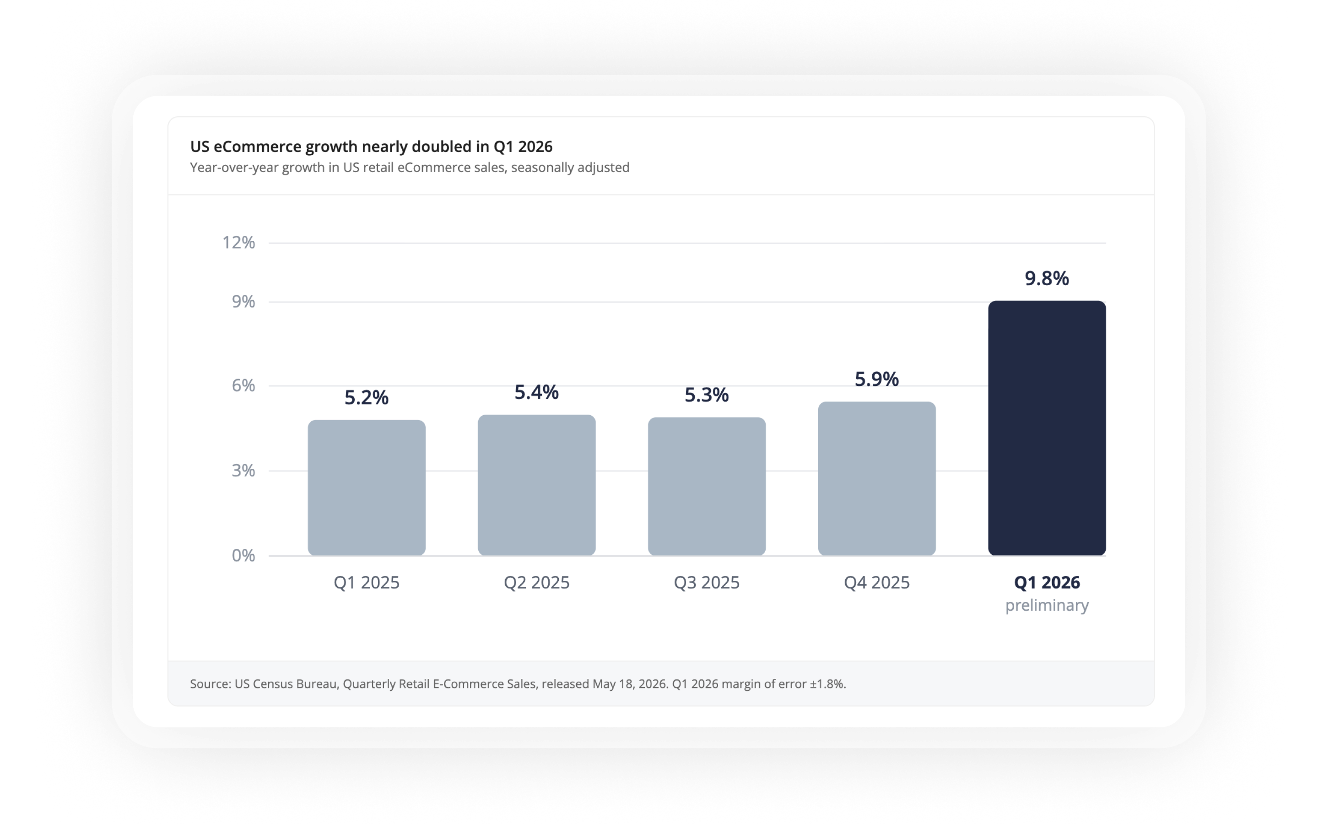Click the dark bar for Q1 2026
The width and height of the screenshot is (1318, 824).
[x=1047, y=428]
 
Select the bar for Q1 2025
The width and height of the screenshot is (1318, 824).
[x=367, y=487]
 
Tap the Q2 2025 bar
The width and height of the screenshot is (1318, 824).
[x=536, y=485]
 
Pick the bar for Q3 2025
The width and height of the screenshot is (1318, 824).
[x=707, y=486]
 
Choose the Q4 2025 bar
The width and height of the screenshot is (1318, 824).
[x=877, y=478]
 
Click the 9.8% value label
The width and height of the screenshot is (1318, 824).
[x=1047, y=278]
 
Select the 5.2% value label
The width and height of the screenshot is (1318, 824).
[x=367, y=398]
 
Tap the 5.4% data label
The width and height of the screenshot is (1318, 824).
[x=536, y=392]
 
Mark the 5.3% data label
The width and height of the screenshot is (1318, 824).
[x=707, y=395]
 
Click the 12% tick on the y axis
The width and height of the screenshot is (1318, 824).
[x=238, y=243]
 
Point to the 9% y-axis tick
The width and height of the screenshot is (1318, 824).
[x=243, y=301]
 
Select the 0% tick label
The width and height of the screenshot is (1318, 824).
[x=243, y=555]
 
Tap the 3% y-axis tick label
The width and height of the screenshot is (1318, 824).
[x=243, y=470]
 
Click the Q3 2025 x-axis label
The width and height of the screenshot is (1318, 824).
[x=707, y=583]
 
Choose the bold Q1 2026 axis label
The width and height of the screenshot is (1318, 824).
[x=1047, y=583]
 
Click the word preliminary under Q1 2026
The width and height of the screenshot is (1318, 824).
[x=1047, y=606]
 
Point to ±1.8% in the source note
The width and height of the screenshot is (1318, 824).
[x=827, y=684]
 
